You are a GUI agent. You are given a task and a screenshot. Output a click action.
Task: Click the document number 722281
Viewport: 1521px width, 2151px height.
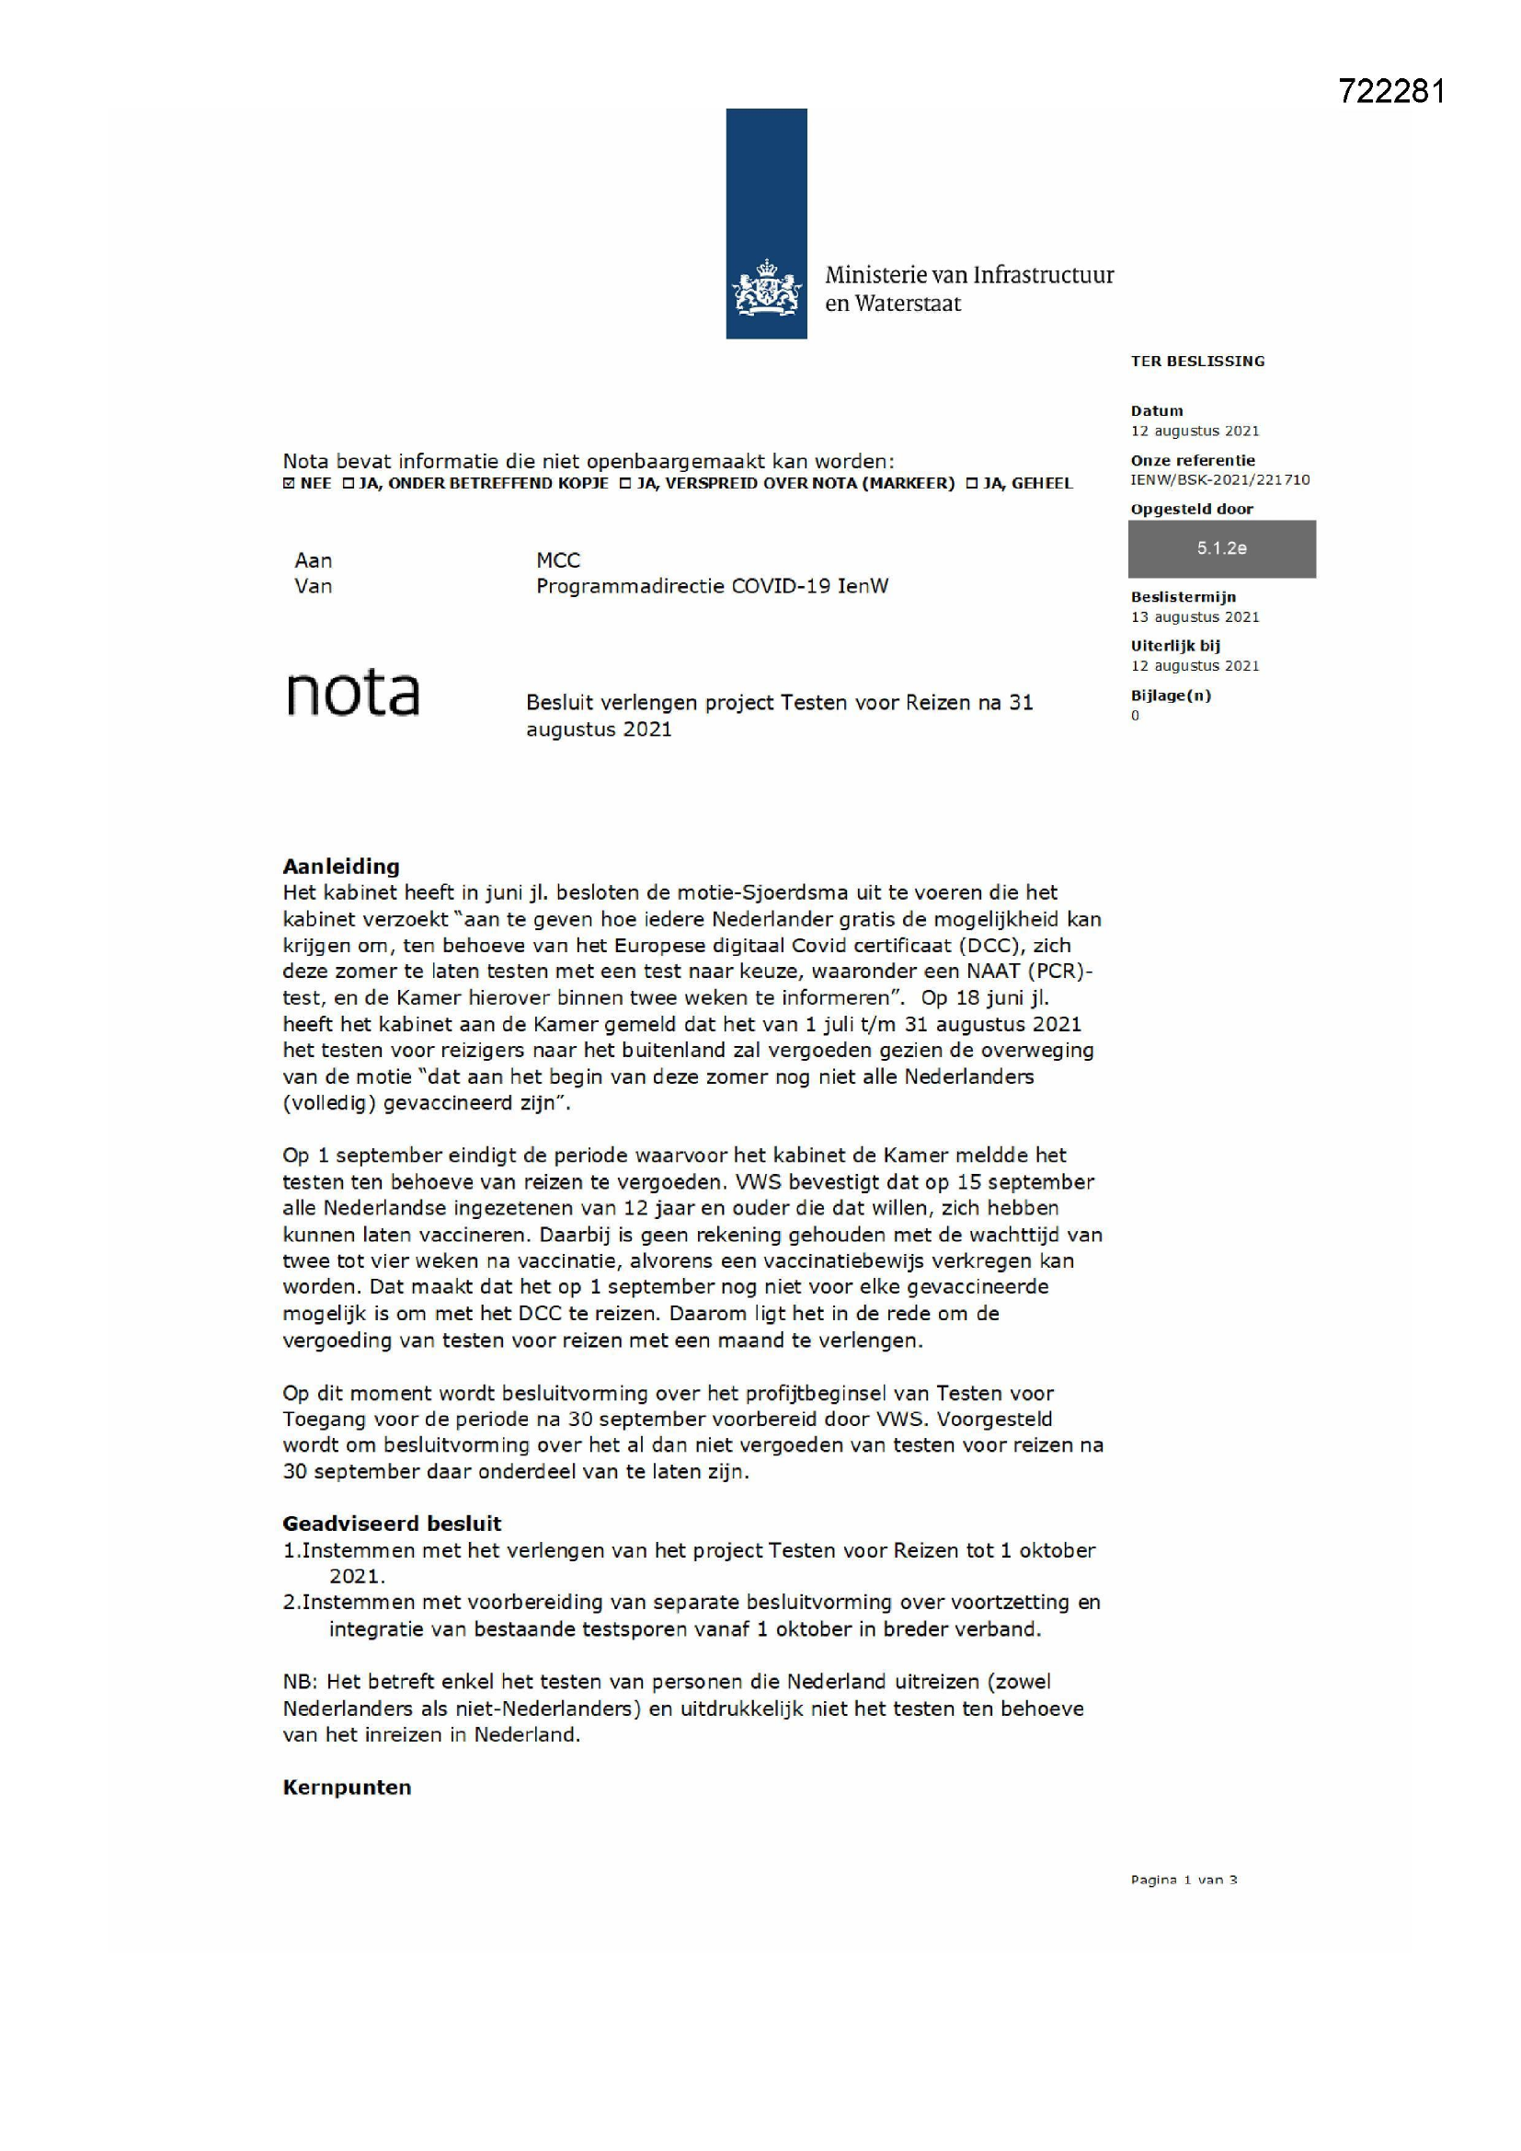[x=1390, y=92]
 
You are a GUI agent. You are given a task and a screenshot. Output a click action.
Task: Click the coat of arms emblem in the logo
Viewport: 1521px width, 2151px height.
[x=766, y=289]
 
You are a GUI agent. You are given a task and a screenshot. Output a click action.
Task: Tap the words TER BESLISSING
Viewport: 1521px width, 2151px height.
[x=1197, y=362]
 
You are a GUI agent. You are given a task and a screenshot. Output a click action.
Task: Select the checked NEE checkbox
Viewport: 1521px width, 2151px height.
[x=289, y=483]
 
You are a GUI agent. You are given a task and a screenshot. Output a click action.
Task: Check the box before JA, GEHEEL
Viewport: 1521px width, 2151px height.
[x=971, y=483]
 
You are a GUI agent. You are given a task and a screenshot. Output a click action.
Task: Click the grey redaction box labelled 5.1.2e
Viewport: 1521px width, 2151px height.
[x=1221, y=549]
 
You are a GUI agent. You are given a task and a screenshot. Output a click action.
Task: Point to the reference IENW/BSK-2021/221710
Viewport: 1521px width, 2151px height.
[x=1219, y=479]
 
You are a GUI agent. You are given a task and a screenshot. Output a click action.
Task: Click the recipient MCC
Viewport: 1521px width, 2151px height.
[x=558, y=560]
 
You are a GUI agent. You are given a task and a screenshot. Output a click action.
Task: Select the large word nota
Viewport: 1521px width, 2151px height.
[x=352, y=694]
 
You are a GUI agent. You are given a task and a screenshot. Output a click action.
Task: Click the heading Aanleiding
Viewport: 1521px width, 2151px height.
[x=341, y=867]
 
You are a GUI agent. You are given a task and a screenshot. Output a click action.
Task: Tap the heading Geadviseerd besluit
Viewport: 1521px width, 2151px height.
[x=392, y=1524]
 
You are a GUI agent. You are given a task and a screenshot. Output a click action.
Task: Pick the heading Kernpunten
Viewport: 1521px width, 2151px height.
[x=347, y=1788]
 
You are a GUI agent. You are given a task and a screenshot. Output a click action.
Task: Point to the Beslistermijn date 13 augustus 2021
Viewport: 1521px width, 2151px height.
[x=1195, y=617]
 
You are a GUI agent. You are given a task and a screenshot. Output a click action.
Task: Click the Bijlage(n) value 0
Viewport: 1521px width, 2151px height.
[x=1135, y=716]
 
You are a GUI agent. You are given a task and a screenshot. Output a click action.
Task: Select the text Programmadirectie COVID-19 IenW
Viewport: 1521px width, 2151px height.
[x=712, y=586]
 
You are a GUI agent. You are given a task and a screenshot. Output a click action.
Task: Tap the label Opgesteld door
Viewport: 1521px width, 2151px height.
[x=1191, y=510]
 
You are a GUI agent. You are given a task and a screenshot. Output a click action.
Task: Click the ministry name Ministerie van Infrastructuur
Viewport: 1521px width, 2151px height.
[x=968, y=275]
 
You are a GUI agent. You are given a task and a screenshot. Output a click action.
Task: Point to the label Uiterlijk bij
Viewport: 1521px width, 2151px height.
[x=1174, y=646]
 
